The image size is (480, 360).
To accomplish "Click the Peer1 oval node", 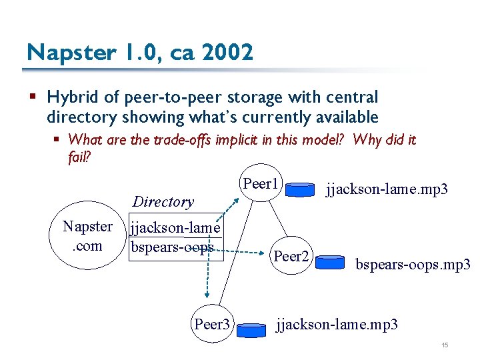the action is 261,184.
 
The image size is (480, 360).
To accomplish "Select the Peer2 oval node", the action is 291,256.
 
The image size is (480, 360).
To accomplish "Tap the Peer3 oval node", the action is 211,325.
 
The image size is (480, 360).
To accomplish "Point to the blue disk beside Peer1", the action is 299,191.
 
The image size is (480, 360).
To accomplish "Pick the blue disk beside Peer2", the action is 330,262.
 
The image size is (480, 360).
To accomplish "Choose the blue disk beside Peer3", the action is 251,330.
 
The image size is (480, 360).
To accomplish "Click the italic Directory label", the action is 163,201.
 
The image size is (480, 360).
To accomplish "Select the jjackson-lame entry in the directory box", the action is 175,228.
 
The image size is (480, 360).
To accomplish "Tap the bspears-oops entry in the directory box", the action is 173,247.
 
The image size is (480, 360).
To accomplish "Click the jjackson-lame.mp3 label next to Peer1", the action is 387,189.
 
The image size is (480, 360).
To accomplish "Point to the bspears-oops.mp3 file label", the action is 413,265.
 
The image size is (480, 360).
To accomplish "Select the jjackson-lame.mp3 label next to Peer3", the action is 337,325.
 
